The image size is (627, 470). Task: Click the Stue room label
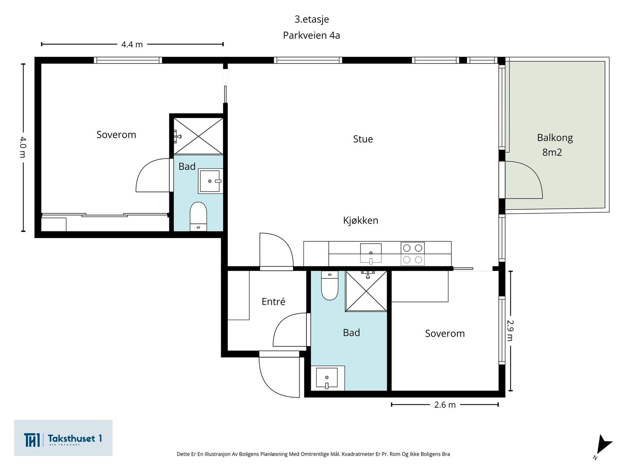363,139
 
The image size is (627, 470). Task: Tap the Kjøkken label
361,220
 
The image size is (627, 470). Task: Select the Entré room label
274,301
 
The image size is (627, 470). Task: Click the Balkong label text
555,138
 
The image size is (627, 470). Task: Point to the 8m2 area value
552,152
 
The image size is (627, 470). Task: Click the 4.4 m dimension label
132,45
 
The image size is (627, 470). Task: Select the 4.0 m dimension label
23,147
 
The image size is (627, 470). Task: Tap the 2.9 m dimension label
510,331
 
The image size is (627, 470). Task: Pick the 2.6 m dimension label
445,405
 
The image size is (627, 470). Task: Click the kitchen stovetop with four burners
413,254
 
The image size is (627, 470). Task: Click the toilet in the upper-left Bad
198,216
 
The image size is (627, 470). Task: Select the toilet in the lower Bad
330,286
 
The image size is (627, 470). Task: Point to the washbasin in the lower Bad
327,378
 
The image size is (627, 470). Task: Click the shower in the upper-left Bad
198,136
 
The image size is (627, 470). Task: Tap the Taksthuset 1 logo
63,438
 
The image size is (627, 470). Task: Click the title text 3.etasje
312,20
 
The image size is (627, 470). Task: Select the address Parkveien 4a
312,35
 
